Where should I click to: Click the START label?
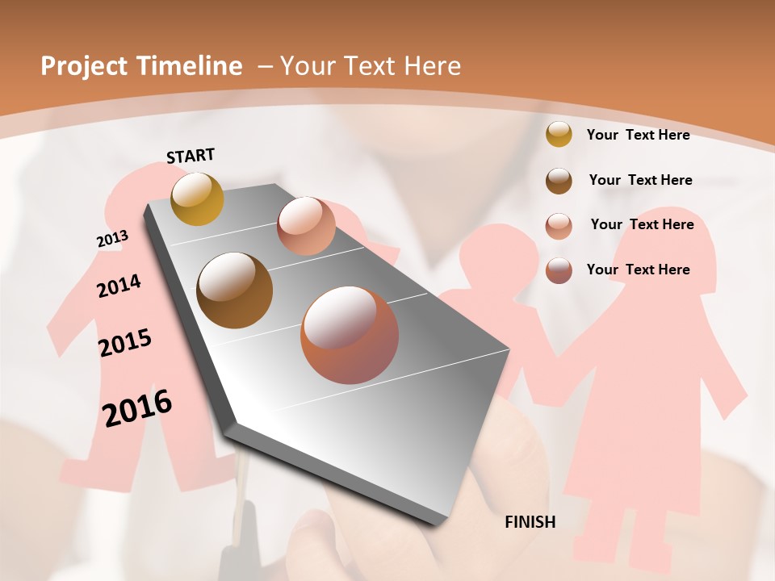point(191,156)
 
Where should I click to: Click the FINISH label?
point(530,522)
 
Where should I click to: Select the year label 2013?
point(112,239)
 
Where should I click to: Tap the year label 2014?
point(119,286)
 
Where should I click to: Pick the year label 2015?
point(125,343)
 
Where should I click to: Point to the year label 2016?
point(137,408)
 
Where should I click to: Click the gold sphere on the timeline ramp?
point(197,199)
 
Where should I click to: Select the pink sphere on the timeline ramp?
point(306,226)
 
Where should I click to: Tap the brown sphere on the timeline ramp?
point(235,290)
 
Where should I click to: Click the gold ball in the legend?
point(559,135)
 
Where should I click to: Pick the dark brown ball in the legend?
point(559,181)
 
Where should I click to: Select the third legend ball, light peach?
point(559,226)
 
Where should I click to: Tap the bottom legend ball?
point(559,270)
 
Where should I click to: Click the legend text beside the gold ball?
point(638,135)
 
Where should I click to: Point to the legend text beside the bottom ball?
point(638,270)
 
